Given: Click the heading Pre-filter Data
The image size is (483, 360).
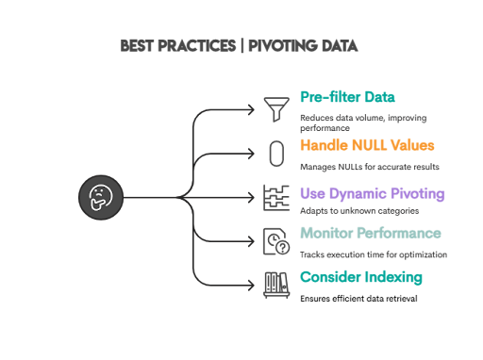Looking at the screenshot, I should pos(347,97).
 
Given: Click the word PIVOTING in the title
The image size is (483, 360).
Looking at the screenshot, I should pos(288,45).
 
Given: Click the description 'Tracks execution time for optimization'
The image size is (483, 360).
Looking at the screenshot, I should pos(373,254).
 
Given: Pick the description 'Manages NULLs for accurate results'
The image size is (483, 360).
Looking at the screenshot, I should pos(370,166).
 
